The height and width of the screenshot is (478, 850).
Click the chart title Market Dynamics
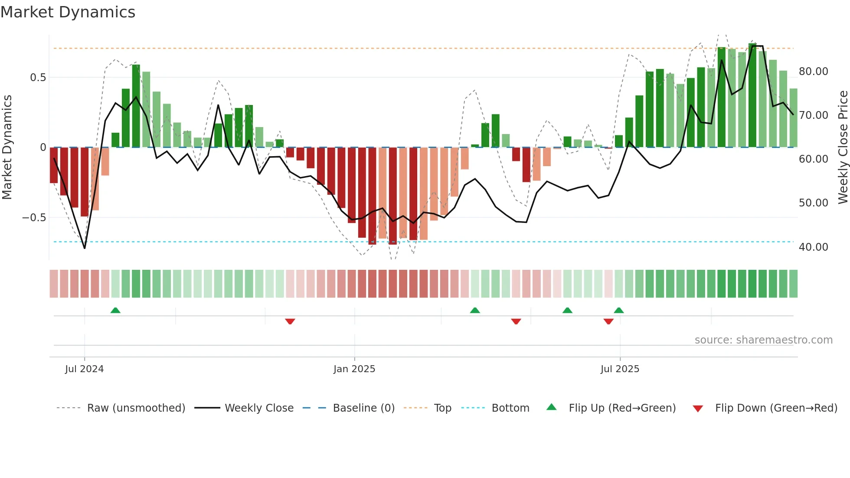tap(68, 12)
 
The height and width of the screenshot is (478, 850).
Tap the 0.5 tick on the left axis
tap(38, 78)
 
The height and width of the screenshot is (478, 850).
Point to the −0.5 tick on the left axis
tap(34, 218)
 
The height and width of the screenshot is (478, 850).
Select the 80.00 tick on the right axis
tap(813, 72)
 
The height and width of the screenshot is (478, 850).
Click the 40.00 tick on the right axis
tap(813, 247)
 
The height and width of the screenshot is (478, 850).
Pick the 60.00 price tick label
tap(813, 159)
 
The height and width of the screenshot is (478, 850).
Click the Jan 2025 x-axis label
tap(354, 369)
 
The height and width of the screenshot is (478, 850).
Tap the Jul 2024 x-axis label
tap(84, 369)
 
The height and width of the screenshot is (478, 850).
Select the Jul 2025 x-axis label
tap(619, 369)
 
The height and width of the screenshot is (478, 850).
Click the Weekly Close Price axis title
tap(843, 147)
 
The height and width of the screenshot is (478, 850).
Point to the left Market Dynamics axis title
tap(7, 147)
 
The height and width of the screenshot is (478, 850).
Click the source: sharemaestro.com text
tap(763, 340)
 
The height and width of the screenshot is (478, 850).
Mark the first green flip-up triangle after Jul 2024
tap(115, 310)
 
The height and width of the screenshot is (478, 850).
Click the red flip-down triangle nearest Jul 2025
tap(608, 321)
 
